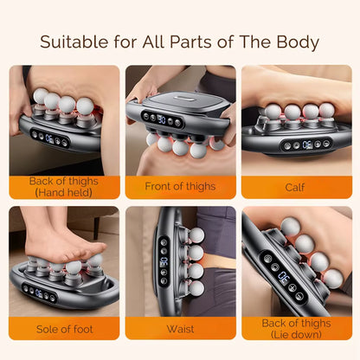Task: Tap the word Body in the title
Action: point(292,42)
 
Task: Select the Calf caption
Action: point(294,187)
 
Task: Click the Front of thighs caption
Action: point(180,187)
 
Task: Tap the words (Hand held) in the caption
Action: point(65,192)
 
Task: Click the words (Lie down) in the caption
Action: point(295,334)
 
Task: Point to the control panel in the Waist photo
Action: point(164,260)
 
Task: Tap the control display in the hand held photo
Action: point(51,137)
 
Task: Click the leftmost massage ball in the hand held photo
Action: point(40,97)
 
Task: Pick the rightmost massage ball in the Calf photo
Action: point(326,111)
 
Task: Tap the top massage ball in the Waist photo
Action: point(196,235)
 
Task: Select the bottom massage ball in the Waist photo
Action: point(196,288)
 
